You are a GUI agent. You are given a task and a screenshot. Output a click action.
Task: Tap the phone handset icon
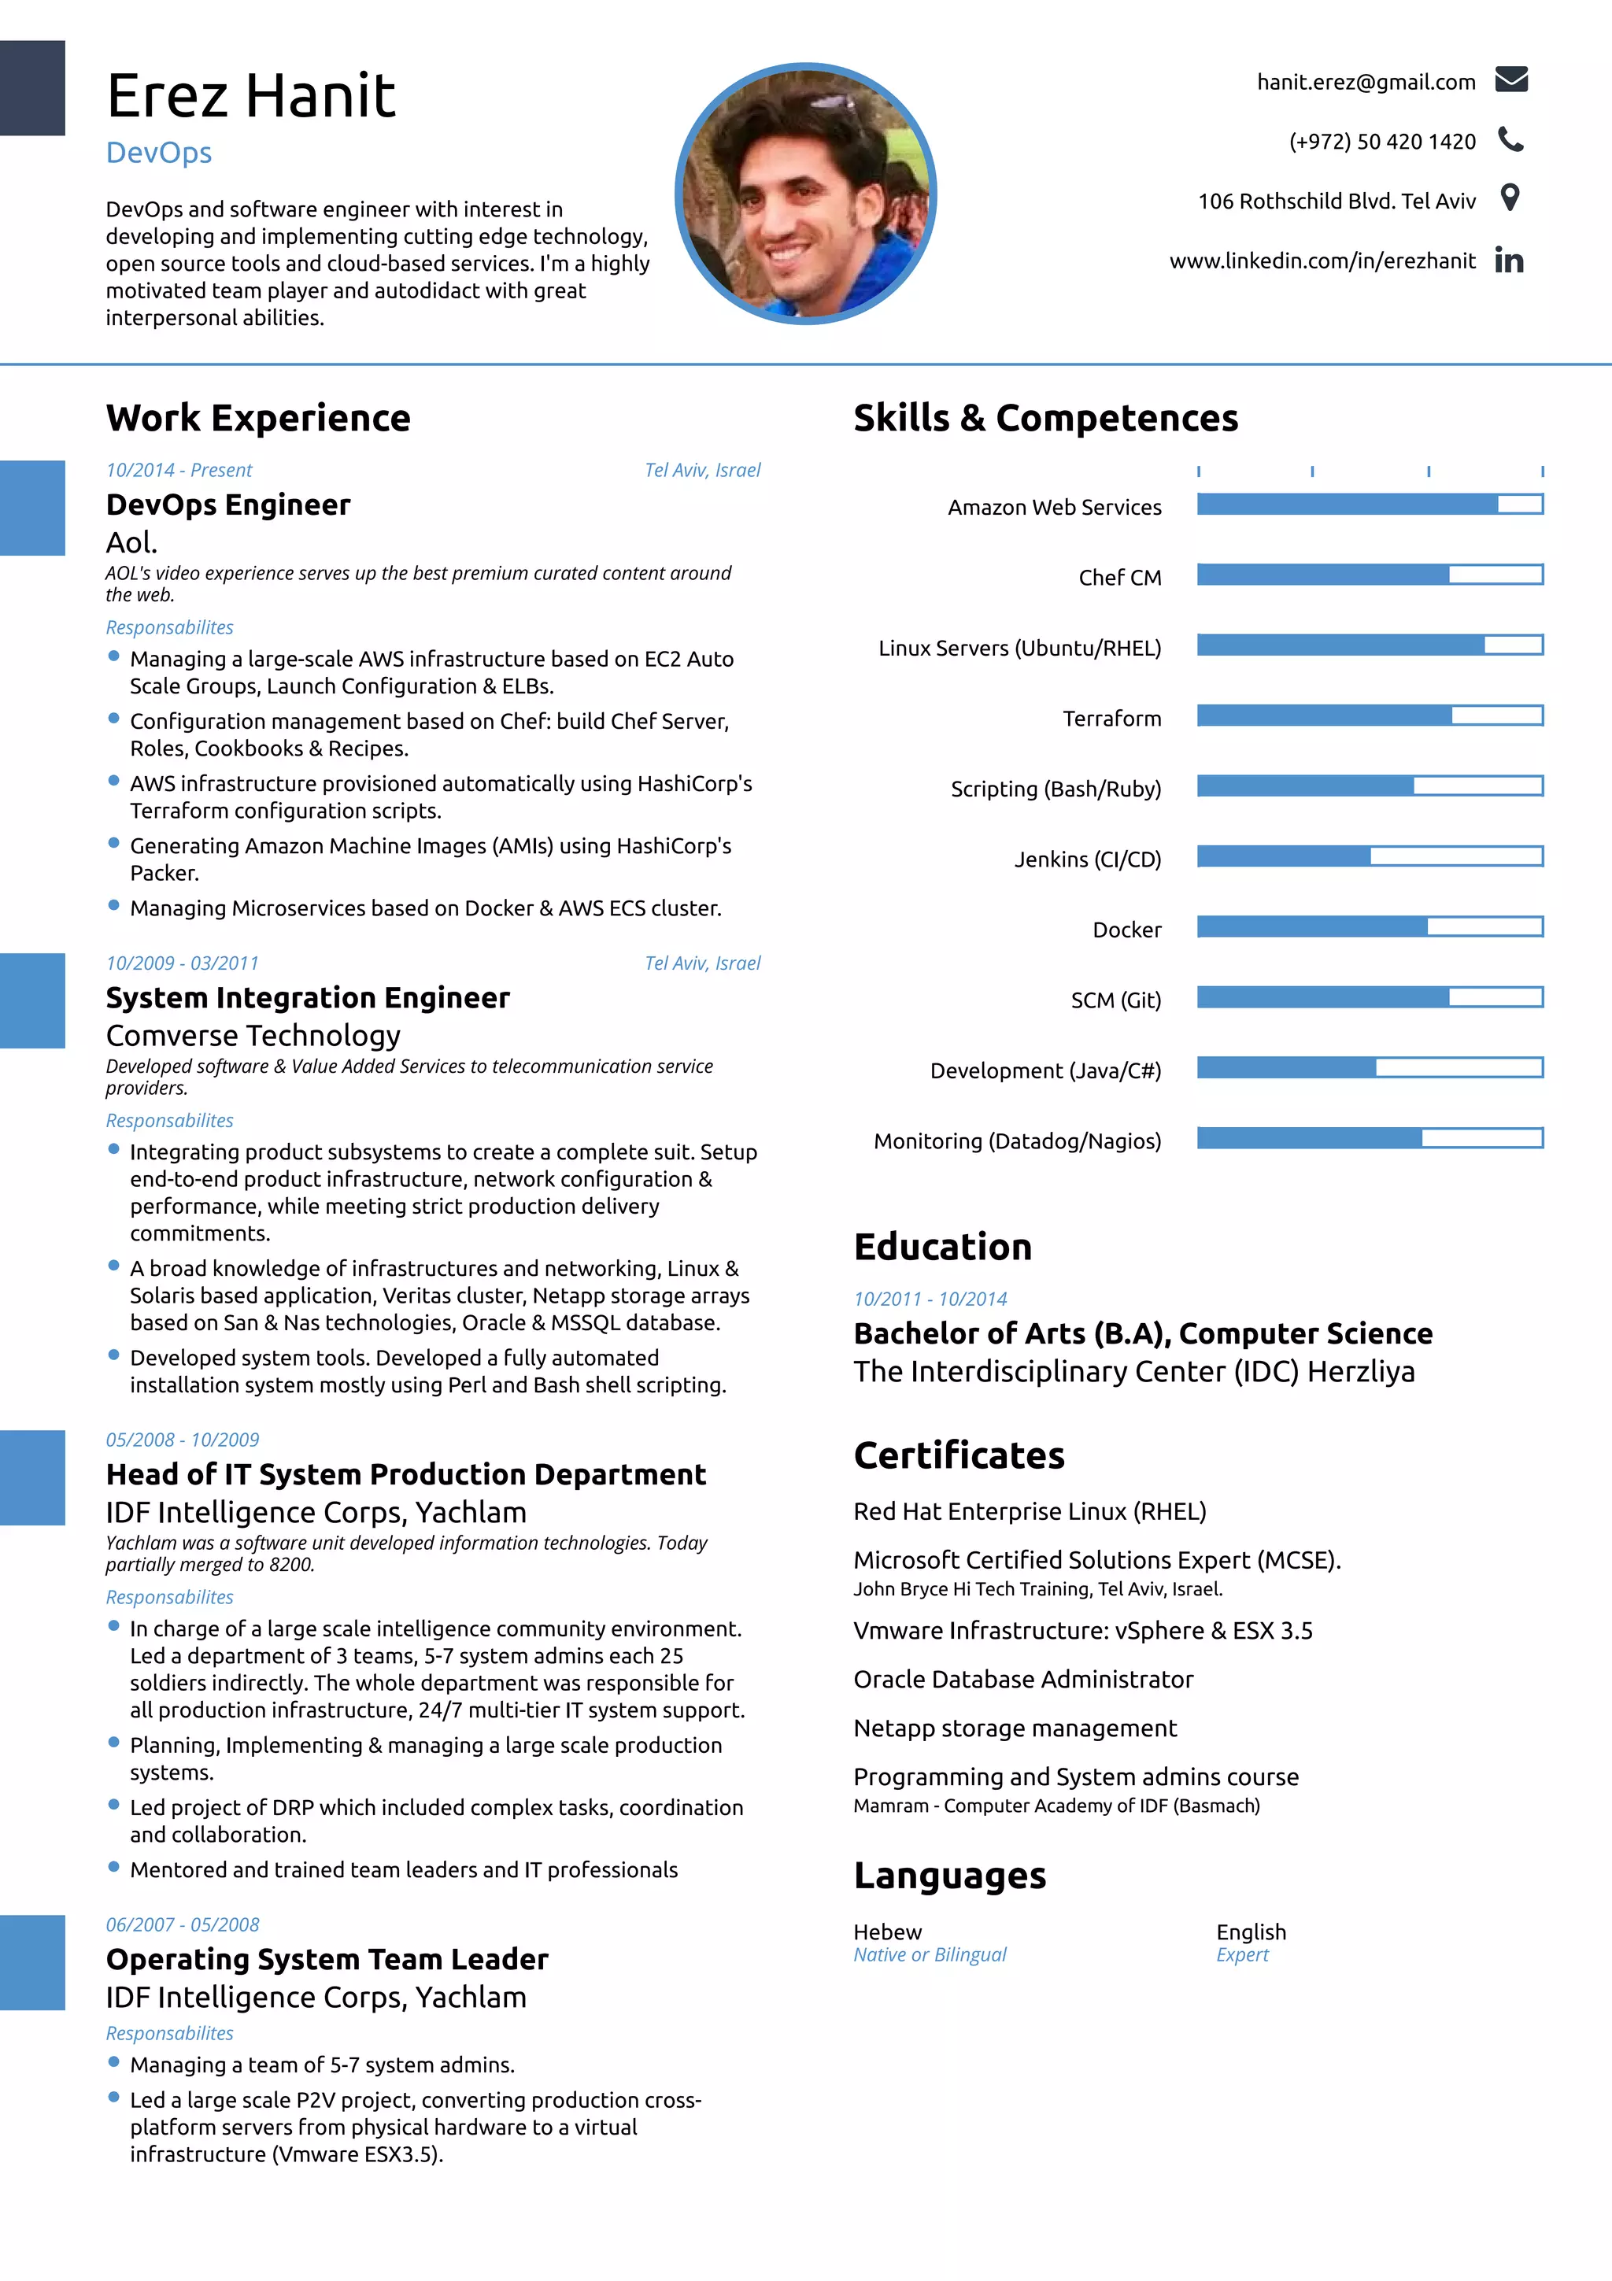(1510, 139)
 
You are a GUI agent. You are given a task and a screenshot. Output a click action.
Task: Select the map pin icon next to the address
(1510, 198)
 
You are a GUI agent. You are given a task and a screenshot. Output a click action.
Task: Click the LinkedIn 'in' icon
(1509, 261)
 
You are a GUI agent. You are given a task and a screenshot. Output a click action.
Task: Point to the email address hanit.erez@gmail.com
(1366, 83)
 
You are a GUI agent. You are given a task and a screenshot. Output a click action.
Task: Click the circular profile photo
(805, 194)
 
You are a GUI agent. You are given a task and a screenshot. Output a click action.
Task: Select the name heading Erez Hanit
(250, 96)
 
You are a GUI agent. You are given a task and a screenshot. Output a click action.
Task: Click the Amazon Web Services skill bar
(1370, 505)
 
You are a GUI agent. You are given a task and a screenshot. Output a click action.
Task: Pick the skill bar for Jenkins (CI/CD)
(1370, 856)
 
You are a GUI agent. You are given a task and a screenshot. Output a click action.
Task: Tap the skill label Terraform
(1111, 719)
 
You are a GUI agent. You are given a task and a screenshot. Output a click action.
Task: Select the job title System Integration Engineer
(308, 997)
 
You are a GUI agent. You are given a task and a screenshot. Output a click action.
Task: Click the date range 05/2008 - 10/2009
(183, 1440)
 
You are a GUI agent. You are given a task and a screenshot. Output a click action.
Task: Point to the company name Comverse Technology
(253, 1035)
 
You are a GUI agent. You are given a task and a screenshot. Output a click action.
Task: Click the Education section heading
(943, 1247)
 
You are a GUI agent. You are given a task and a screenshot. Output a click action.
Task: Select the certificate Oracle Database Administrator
(1023, 1679)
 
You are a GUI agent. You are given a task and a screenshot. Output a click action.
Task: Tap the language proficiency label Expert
(1241, 1954)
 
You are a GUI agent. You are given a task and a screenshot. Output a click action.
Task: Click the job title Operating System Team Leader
(327, 1959)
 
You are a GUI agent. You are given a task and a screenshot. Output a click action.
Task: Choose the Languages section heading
(949, 1876)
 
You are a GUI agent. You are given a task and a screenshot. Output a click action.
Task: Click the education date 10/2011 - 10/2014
(930, 1299)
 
